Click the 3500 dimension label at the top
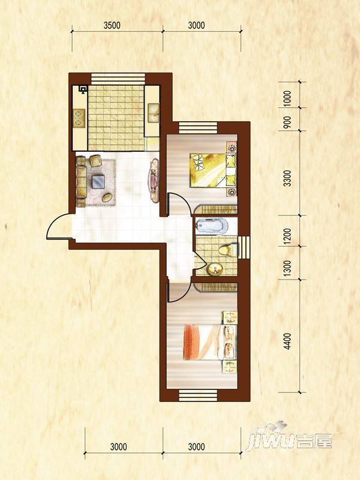[x=112, y=25]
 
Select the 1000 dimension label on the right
[x=287, y=98]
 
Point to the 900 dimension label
[x=287, y=122]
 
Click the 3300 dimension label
[x=287, y=178]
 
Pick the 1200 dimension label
[x=287, y=236]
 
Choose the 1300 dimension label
[x=287, y=268]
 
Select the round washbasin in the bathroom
[x=215, y=269]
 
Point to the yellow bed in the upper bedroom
[x=213, y=170]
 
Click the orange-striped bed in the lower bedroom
[x=210, y=342]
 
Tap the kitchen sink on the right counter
[x=153, y=113]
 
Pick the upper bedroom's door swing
[x=179, y=204]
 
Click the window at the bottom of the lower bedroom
[x=198, y=395]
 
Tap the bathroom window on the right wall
[x=244, y=247]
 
